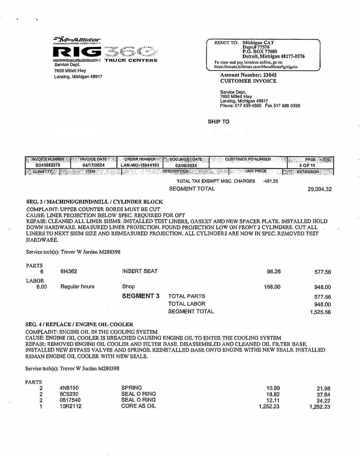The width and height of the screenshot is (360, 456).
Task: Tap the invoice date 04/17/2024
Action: [x=94, y=165]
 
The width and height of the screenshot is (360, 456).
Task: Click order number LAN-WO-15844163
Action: [x=140, y=165]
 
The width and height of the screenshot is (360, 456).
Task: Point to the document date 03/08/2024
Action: [x=186, y=166]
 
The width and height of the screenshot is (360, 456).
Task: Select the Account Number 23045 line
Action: [x=248, y=75]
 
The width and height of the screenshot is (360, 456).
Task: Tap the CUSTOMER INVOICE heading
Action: [x=248, y=81]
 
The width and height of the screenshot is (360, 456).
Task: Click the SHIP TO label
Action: [x=218, y=122]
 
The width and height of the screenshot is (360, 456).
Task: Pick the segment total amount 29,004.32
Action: [x=319, y=189]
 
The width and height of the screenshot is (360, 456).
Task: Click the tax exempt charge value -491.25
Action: [x=270, y=181]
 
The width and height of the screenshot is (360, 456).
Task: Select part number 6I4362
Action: [x=69, y=271]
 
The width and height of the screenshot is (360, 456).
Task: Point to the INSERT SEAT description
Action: [x=140, y=271]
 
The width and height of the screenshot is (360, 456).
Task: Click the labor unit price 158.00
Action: [x=272, y=287]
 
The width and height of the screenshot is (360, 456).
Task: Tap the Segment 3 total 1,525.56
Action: [x=320, y=312]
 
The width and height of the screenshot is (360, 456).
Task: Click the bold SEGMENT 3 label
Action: [x=140, y=296]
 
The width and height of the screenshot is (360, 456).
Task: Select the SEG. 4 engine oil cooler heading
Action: [x=79, y=324]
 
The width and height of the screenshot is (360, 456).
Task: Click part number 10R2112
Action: [x=71, y=406]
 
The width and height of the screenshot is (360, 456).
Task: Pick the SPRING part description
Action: [x=131, y=388]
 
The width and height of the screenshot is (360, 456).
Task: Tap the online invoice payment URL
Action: [x=256, y=67]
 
